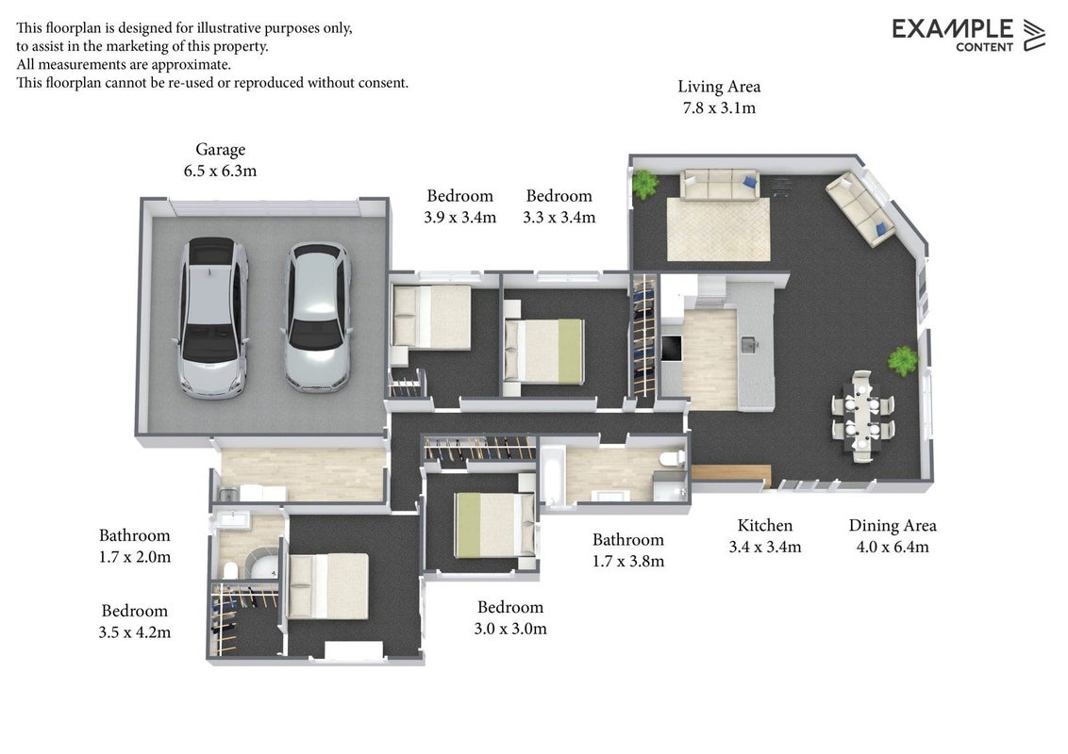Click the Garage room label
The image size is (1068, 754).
click(x=220, y=150)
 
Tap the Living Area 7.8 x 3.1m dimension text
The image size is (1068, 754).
click(x=719, y=108)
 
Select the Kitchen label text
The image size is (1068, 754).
click(x=765, y=525)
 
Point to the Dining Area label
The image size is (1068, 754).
click(x=893, y=525)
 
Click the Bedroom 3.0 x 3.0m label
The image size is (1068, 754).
click(x=510, y=617)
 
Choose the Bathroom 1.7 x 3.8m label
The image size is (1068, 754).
click(x=628, y=549)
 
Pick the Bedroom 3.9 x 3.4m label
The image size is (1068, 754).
click(x=459, y=206)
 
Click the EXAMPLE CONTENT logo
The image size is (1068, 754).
click(x=969, y=35)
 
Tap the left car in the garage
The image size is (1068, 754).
click(x=212, y=317)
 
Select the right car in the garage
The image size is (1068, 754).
click(x=317, y=317)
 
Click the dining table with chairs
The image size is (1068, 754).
click(x=862, y=416)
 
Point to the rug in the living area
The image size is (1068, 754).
click(x=719, y=229)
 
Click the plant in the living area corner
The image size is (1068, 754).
click(x=643, y=183)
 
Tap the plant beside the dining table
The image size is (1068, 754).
click(x=903, y=360)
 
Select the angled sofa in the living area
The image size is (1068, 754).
click(x=861, y=208)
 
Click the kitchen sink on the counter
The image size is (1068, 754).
click(x=750, y=344)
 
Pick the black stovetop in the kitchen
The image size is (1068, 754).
click(x=672, y=348)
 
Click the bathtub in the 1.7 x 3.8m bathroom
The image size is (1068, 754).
click(x=551, y=475)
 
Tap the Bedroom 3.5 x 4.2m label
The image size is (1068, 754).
click(x=134, y=621)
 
